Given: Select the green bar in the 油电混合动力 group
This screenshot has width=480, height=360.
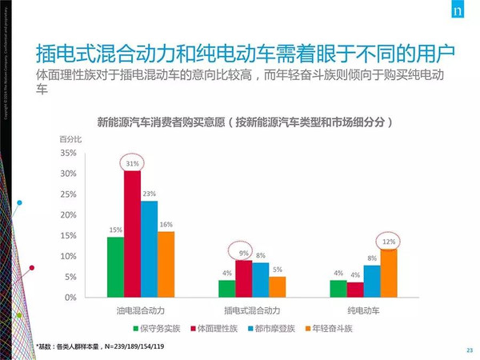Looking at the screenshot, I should tap(116, 266).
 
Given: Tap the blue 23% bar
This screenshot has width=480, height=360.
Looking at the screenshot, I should tap(149, 249).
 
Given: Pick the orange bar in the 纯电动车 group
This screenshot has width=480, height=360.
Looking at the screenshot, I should tap(389, 272).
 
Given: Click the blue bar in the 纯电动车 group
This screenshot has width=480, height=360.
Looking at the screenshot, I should tap(372, 281).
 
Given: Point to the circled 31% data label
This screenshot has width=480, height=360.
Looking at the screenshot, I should tap(133, 163).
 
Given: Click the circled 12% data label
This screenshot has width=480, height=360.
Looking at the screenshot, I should tap(389, 241).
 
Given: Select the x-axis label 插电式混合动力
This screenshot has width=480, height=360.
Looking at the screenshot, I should tap(253, 310).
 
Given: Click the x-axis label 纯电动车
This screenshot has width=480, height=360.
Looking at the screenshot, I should tap(365, 310).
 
